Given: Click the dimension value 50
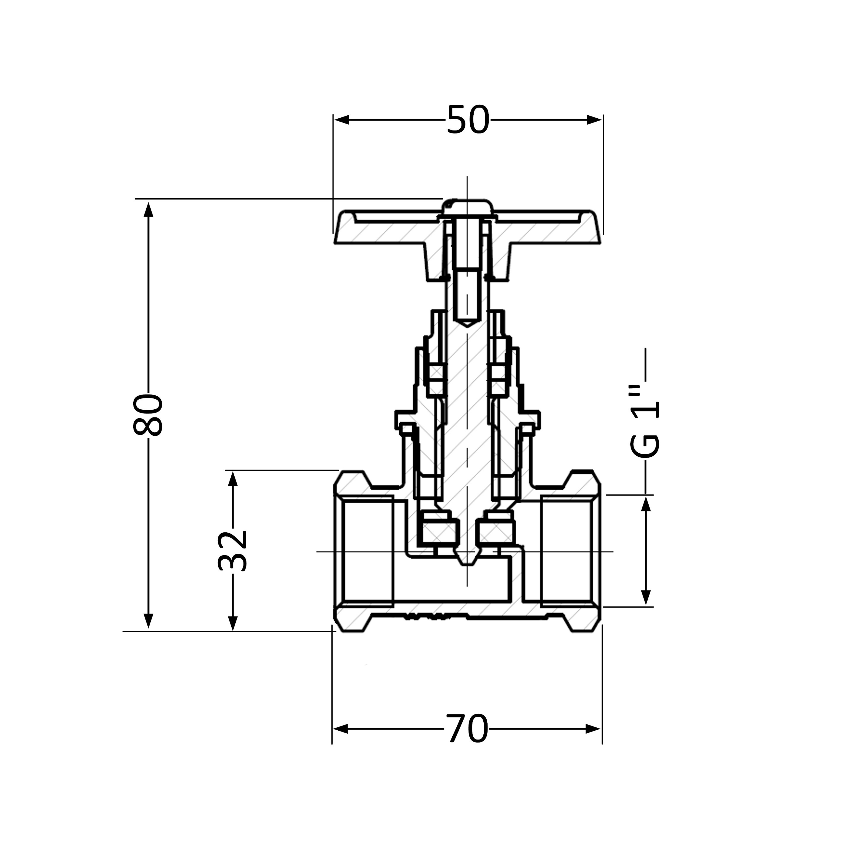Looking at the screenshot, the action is tap(468, 120).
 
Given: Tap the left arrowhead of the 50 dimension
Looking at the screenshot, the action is tap(342, 120).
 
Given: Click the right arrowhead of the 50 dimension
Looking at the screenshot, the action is tap(594, 120).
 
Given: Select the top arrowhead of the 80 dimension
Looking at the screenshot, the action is tap(149, 210).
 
